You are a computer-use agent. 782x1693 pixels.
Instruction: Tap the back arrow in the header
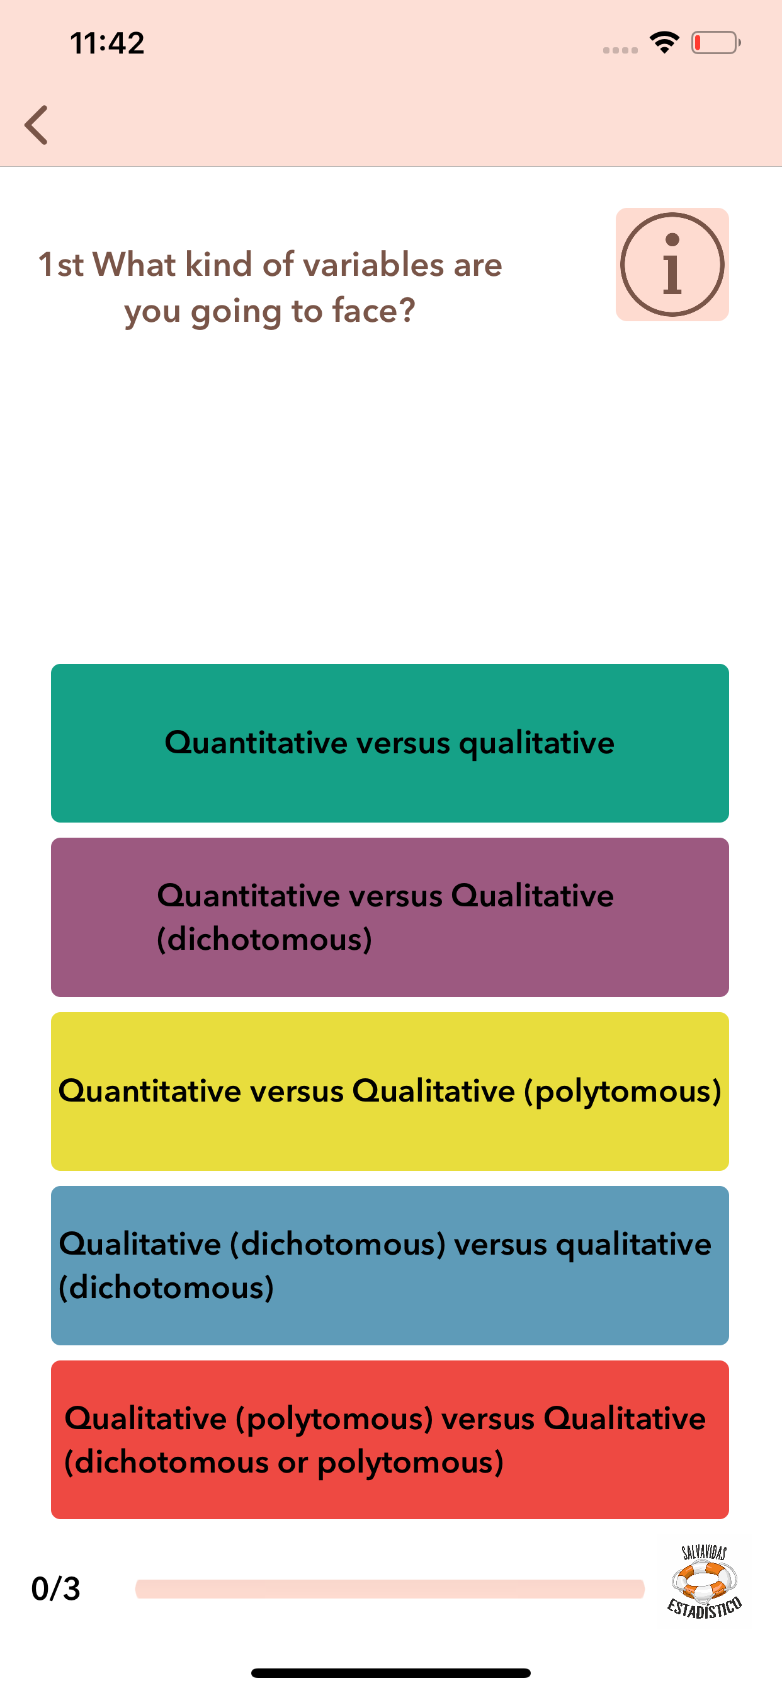pos(36,125)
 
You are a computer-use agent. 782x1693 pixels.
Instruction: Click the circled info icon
pos(672,265)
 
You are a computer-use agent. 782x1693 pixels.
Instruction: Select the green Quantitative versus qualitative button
pos(390,743)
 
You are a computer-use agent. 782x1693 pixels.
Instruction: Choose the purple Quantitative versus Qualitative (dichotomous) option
pos(390,917)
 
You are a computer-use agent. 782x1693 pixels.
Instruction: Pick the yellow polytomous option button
pos(390,1091)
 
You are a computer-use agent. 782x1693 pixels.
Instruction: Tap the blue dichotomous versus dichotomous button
pos(390,1265)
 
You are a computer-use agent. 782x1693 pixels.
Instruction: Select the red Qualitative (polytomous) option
pos(390,1439)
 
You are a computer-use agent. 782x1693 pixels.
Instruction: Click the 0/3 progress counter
pos(56,1588)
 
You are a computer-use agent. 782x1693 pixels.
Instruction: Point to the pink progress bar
pos(390,1588)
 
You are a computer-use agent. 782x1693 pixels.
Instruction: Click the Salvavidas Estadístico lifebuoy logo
pos(705,1582)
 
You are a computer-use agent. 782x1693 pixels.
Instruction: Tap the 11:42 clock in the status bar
pos(107,43)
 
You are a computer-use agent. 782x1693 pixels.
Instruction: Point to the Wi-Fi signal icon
pos(664,43)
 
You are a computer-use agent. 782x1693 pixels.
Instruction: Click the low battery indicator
pos(716,43)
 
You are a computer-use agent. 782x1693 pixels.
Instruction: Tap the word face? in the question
pos(374,311)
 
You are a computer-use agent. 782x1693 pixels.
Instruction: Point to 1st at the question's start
pos(60,265)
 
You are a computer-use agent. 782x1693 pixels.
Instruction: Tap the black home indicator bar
pos(390,1673)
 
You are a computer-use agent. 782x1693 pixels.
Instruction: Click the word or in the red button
pos(293,1462)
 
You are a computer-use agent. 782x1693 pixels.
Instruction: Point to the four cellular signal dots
pos(620,50)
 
